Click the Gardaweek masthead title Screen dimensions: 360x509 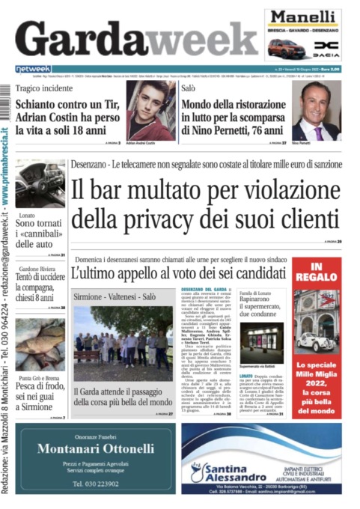pos(135,37)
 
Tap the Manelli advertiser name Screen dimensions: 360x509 pos(303,19)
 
